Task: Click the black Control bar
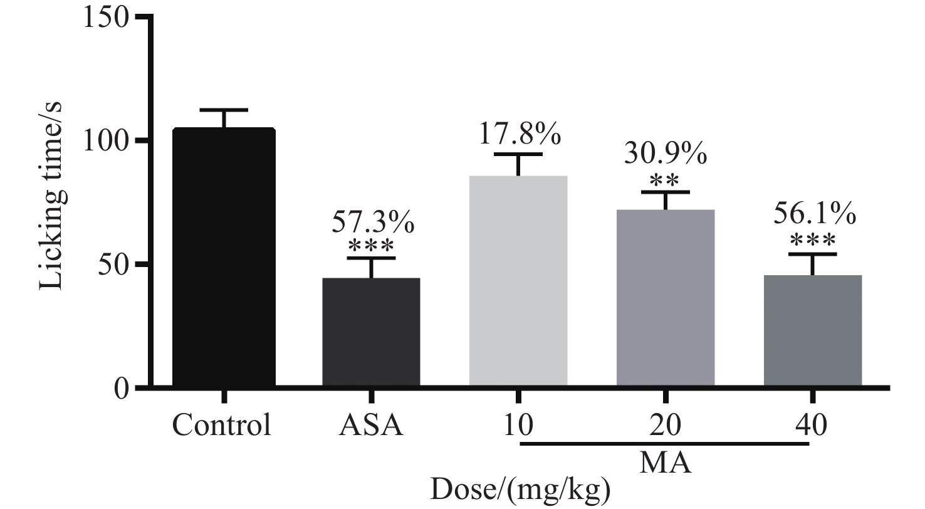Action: [224, 257]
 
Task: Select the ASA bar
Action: [371, 332]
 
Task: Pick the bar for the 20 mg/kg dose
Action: [666, 298]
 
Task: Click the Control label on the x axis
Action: [222, 426]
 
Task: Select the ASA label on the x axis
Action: [370, 426]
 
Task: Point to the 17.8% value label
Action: [520, 134]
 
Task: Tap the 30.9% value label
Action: [666, 154]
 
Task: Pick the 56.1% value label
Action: [813, 215]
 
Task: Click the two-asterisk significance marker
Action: [666, 181]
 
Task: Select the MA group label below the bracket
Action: [665, 464]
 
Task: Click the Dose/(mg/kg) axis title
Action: [520, 490]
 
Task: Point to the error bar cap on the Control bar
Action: [224, 110]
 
